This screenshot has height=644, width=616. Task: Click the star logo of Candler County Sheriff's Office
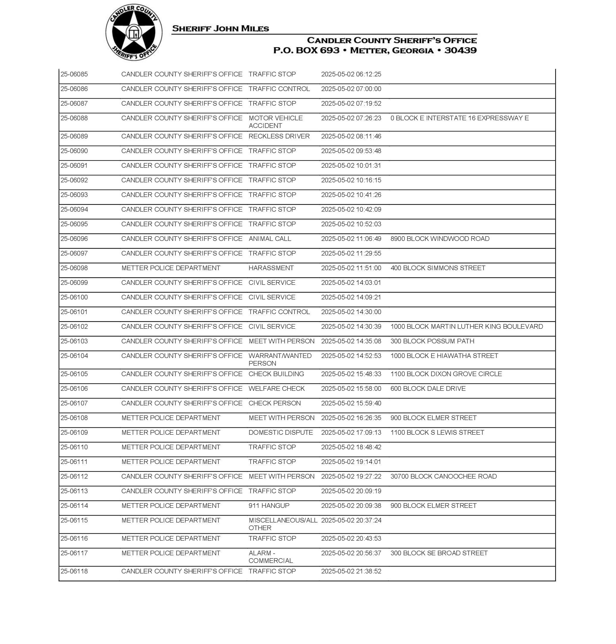(134, 32)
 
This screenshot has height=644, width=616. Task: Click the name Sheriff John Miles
(220, 29)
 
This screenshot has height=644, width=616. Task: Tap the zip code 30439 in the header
(460, 50)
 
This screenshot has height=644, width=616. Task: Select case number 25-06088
(74, 118)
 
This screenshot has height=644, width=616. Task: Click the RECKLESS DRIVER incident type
(279, 136)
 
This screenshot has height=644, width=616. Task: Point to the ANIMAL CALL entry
(270, 239)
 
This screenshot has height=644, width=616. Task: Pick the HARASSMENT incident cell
(271, 268)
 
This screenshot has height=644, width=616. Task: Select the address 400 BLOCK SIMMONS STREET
(438, 268)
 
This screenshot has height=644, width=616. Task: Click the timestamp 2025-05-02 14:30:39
(351, 326)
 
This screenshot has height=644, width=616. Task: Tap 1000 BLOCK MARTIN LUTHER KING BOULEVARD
(466, 326)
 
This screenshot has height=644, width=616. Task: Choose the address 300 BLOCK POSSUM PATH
(432, 341)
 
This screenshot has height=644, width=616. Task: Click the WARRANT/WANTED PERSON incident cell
(280, 359)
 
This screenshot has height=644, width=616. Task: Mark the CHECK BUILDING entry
(276, 374)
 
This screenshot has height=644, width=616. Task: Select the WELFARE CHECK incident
(277, 388)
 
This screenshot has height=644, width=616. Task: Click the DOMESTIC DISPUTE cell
(280, 433)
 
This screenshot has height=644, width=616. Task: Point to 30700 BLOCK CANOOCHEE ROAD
(443, 477)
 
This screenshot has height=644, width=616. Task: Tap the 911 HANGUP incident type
(269, 506)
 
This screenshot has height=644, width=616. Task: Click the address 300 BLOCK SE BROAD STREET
(439, 553)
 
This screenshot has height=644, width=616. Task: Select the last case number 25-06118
(74, 571)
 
